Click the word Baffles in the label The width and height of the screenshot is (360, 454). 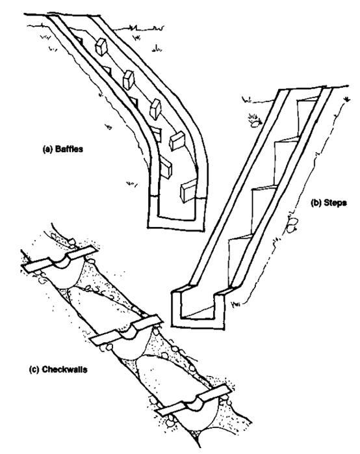tap(69, 149)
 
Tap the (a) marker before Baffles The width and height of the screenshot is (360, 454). tap(47, 150)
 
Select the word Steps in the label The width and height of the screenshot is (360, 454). tap(335, 203)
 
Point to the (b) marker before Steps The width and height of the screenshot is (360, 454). tap(316, 203)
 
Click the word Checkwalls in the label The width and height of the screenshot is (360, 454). tap(64, 369)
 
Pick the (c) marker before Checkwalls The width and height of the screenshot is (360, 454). tap(34, 369)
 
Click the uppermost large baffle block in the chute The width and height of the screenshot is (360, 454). tap(101, 47)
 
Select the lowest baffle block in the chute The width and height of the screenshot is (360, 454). tap(188, 191)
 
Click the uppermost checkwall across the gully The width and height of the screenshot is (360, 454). tap(60, 259)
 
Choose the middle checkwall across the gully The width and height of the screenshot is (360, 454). tap(126, 330)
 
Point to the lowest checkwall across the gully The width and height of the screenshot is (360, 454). tap(193, 400)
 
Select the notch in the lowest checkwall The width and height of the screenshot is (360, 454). tap(194, 403)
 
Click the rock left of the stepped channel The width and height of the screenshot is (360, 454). tap(255, 124)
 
